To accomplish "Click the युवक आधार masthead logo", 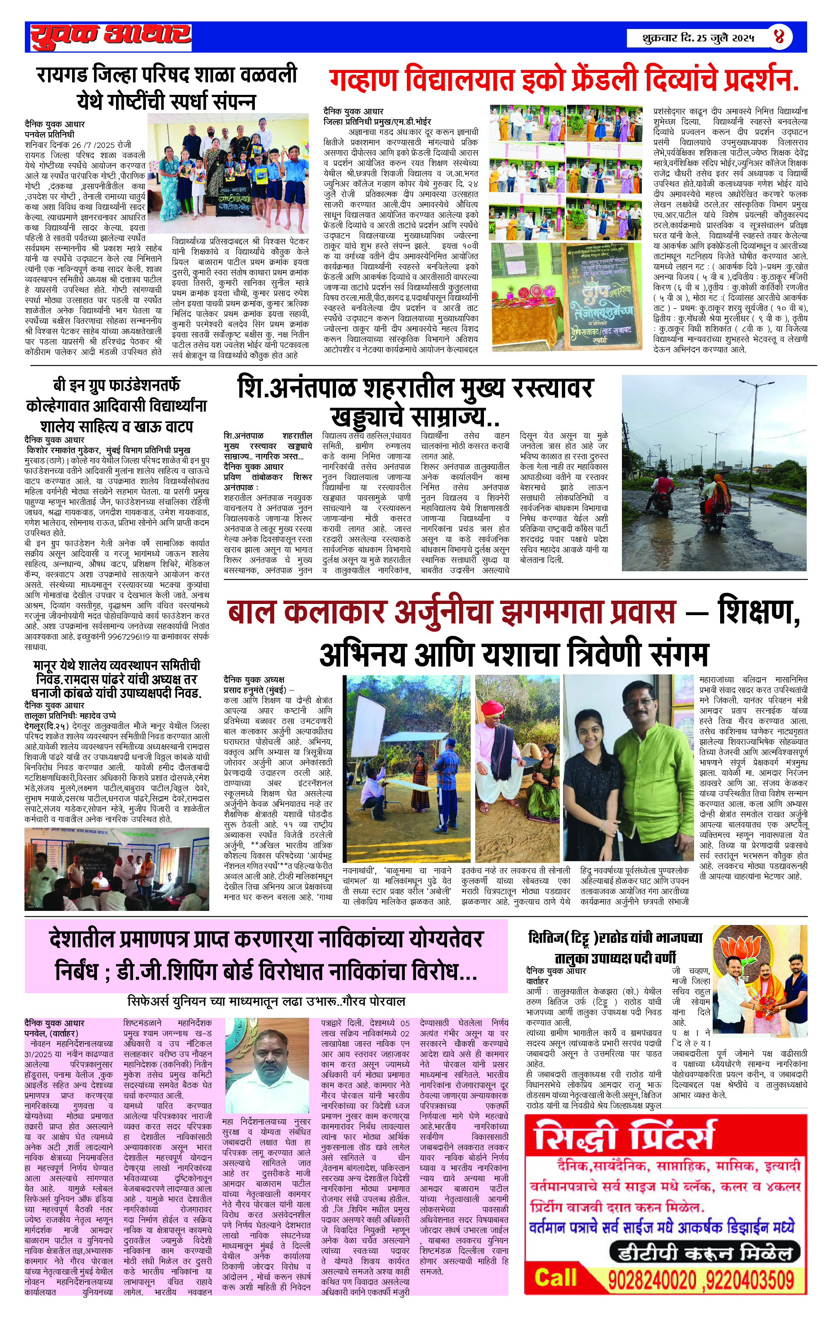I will [110, 36].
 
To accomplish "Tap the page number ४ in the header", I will [779, 37].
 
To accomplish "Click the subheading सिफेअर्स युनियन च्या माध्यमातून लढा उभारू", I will [266, 1001].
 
